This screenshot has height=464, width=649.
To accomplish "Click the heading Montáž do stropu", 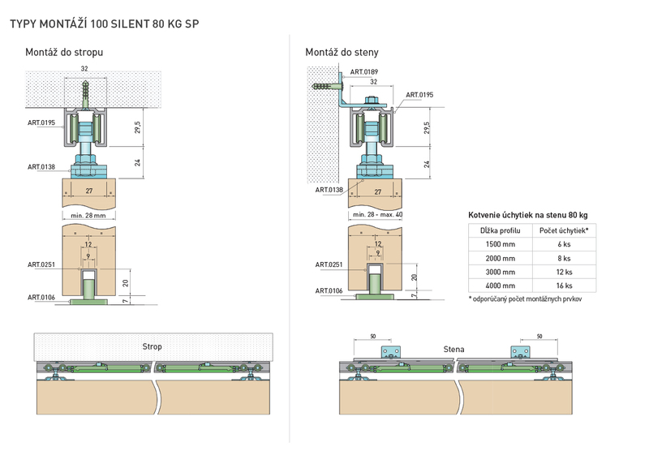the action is pyautogui.click(x=64, y=52).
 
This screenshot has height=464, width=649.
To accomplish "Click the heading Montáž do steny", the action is pyautogui.click(x=342, y=52).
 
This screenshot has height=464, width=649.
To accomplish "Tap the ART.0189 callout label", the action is pyautogui.click(x=363, y=71).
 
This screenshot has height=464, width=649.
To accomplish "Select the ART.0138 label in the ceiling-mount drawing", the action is pyautogui.click(x=41, y=167).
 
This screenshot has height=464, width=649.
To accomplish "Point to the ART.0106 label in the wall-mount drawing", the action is pyautogui.click(x=329, y=290).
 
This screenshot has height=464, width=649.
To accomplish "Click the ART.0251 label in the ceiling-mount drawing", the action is pyautogui.click(x=41, y=264).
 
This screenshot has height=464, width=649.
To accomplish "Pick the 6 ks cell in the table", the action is pyautogui.click(x=564, y=244).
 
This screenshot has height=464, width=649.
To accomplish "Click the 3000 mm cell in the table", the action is pyautogui.click(x=500, y=272).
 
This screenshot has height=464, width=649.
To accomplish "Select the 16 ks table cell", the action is pyautogui.click(x=564, y=286).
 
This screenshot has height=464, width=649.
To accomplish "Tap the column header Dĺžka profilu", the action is pyautogui.click(x=500, y=230).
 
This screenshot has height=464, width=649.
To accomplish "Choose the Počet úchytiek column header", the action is pyautogui.click(x=564, y=230).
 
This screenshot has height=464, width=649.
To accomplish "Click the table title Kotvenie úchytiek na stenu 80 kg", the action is pyautogui.click(x=528, y=215).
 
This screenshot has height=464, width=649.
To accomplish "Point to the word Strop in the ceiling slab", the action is pyautogui.click(x=152, y=346).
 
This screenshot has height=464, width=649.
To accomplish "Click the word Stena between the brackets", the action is pyautogui.click(x=453, y=349).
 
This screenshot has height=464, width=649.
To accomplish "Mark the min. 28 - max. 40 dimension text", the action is pyautogui.click(x=377, y=214).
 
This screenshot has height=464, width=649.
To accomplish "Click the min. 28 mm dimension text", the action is pyautogui.click(x=88, y=215).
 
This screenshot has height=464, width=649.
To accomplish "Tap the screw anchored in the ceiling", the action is pyautogui.click(x=85, y=93).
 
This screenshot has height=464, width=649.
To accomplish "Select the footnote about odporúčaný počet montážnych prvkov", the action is pyautogui.click(x=525, y=299).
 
